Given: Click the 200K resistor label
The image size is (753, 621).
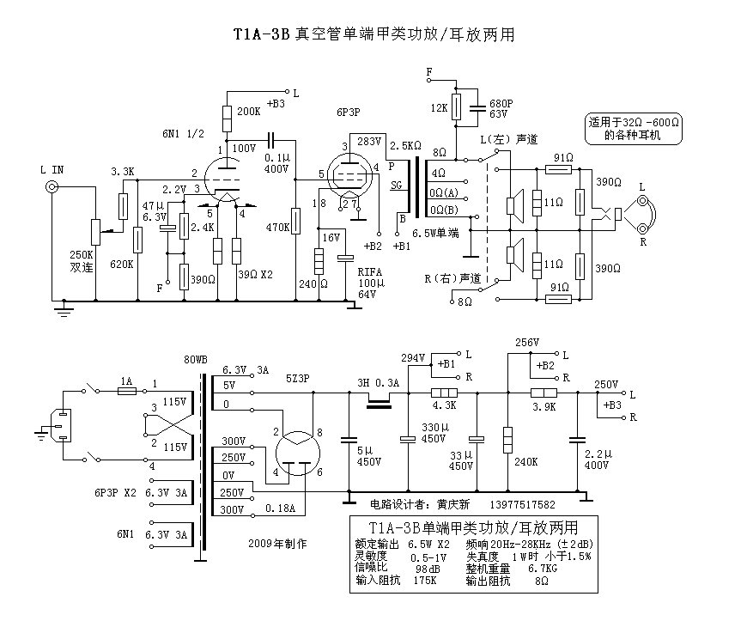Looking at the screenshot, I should (x=249, y=112).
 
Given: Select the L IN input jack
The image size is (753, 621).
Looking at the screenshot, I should (x=53, y=188).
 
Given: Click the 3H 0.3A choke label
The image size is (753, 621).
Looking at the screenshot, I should (x=378, y=383).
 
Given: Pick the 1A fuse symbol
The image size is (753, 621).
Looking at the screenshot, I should (x=126, y=391).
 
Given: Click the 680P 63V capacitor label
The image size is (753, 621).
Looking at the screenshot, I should (x=501, y=108).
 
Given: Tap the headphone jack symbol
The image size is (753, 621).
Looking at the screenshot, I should (x=640, y=214).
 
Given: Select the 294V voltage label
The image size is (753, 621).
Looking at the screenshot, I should (x=414, y=357).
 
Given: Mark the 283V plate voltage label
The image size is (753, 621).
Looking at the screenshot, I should (x=369, y=142).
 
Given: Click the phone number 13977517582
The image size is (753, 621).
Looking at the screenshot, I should (x=524, y=505).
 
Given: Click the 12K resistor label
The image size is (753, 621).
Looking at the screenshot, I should (x=439, y=108).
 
